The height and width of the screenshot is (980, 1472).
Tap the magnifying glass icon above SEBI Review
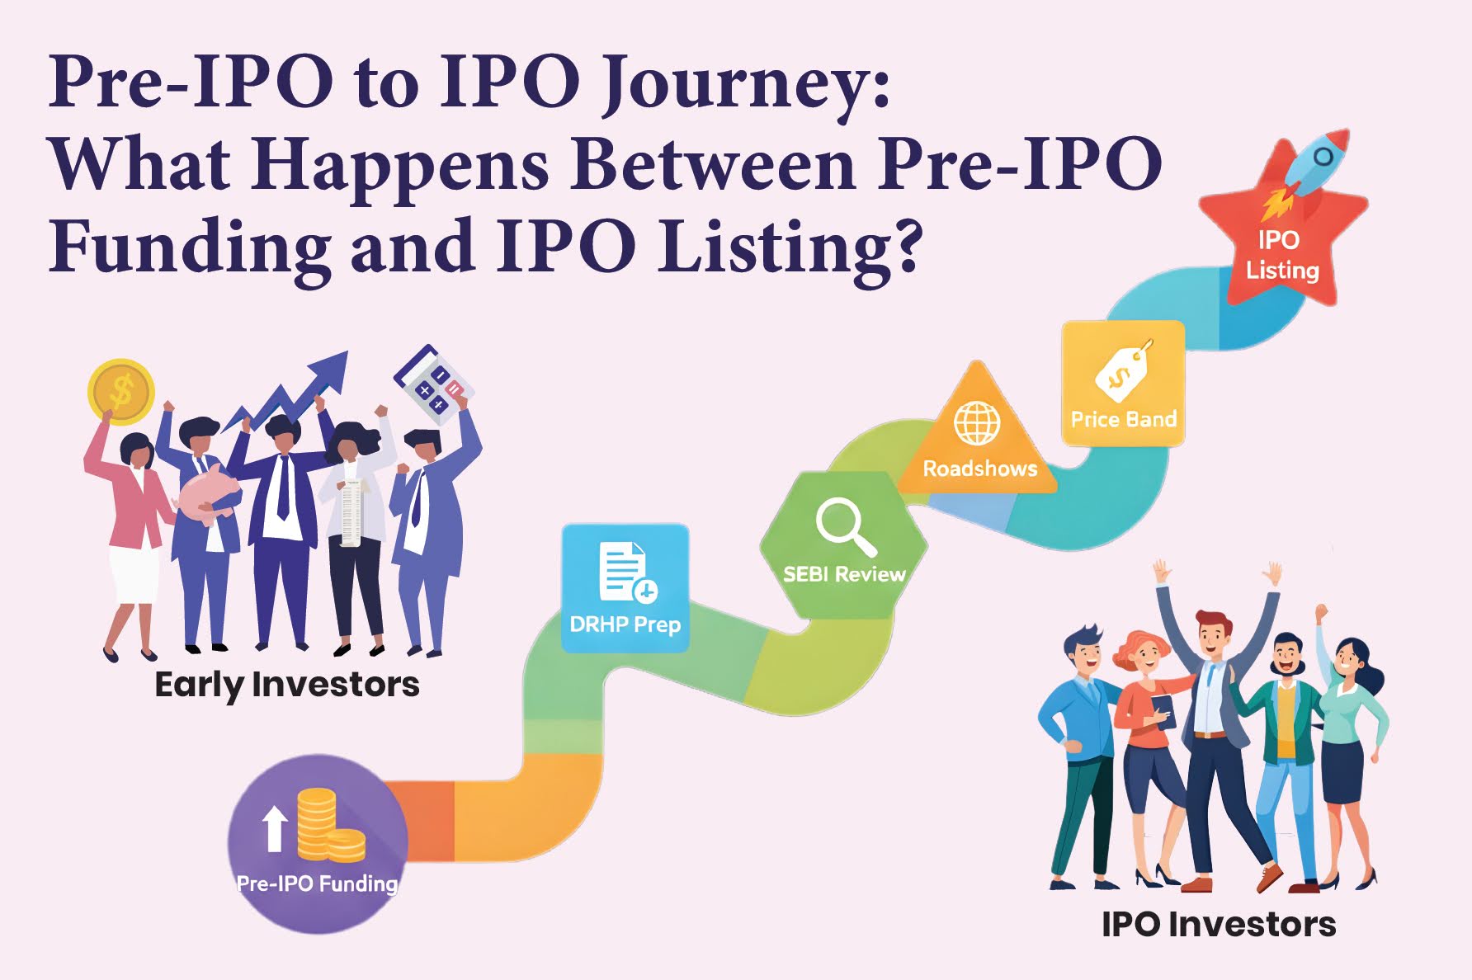pyautogui.click(x=844, y=526)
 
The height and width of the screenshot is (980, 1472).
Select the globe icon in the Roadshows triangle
pyautogui.click(x=977, y=422)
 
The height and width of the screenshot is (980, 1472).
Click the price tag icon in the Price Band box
pyautogui.click(x=1121, y=372)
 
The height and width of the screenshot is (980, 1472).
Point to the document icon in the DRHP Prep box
pyautogui.click(x=623, y=571)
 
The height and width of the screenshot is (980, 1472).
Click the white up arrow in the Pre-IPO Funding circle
pyautogui.click(x=275, y=827)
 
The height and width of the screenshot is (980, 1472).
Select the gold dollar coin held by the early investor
pyautogui.click(x=121, y=391)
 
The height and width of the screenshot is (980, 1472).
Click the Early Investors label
pyautogui.click(x=287, y=685)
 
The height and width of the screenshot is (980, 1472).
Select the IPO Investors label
pyautogui.click(x=1219, y=924)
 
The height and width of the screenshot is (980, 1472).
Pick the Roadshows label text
pyautogui.click(x=979, y=469)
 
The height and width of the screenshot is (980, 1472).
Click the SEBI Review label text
pyautogui.click(x=844, y=574)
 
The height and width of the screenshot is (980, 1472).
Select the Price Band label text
pyautogui.click(x=1123, y=419)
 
